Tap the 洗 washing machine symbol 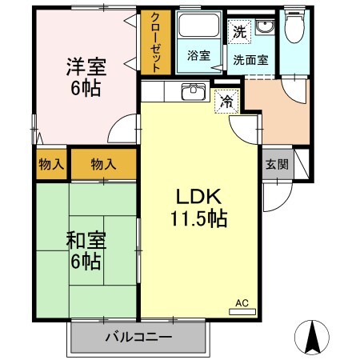point(239,33)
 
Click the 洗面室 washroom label point(250,58)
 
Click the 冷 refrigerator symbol point(227,102)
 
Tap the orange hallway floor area point(277,112)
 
